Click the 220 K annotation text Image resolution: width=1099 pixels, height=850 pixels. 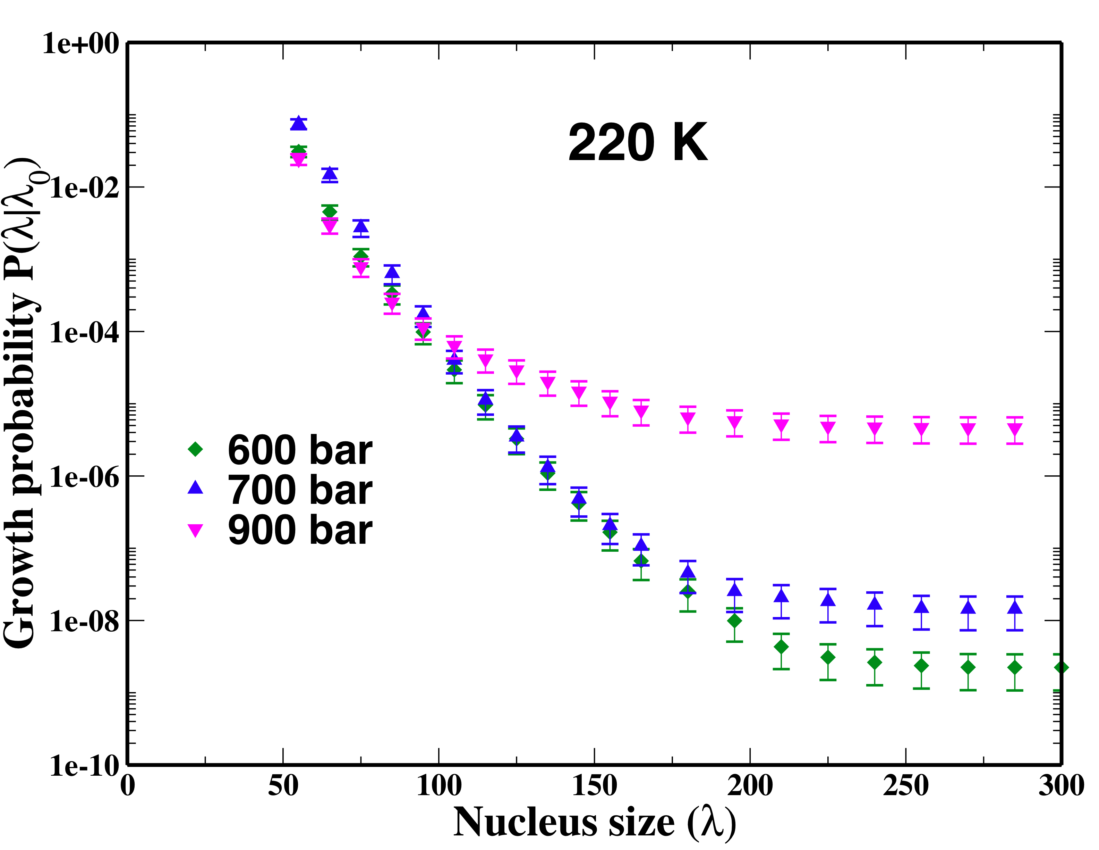[x=638, y=143]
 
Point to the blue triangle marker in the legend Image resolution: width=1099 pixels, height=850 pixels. [x=195, y=487]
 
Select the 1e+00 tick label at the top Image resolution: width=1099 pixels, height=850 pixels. [x=80, y=43]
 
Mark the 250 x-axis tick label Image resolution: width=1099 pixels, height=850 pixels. [x=906, y=786]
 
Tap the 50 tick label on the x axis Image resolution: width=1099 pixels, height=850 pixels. [x=283, y=786]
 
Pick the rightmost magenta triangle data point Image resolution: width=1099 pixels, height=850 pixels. [x=1015, y=430]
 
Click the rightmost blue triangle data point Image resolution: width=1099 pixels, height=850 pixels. [x=1015, y=608]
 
